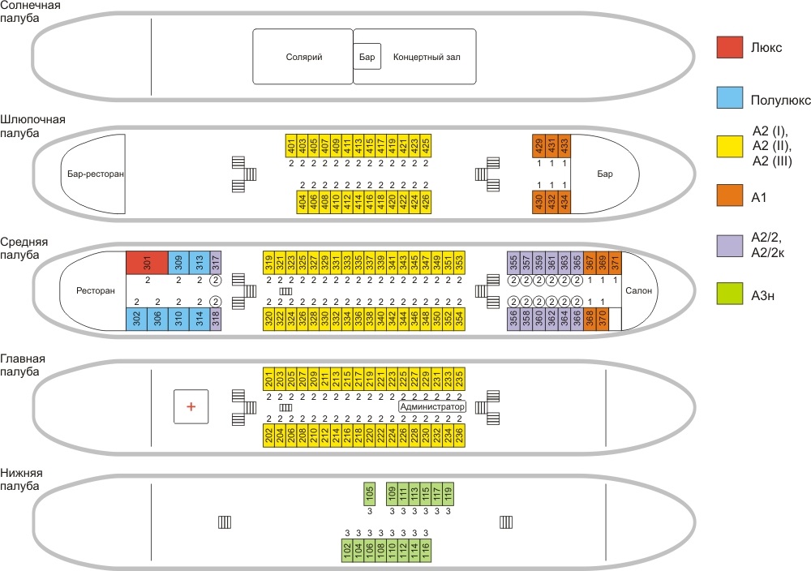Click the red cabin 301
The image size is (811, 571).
[148, 263]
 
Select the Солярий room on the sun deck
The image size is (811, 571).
[303, 57]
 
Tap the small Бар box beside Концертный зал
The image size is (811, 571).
[367, 57]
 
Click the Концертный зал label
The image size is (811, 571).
[427, 57]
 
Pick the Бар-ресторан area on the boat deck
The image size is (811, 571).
[94, 174]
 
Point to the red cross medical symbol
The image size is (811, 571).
[191, 406]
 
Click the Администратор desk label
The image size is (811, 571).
[432, 406]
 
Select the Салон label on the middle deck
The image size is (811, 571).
[639, 290]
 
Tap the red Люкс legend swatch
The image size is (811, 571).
[730, 47]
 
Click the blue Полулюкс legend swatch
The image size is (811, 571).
[730, 97]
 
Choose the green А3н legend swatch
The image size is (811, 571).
[730, 294]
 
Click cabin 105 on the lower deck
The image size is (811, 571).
[369, 493]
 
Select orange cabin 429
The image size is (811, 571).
[539, 146]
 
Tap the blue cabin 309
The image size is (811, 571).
[178, 263]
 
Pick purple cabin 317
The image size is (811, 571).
[216, 263]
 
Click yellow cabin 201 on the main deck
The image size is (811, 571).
[269, 379]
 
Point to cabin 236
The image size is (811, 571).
[459, 435]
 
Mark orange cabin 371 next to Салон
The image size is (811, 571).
[615, 263]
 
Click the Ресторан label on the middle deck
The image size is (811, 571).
[96, 290]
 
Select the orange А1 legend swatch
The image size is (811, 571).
[730, 195]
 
